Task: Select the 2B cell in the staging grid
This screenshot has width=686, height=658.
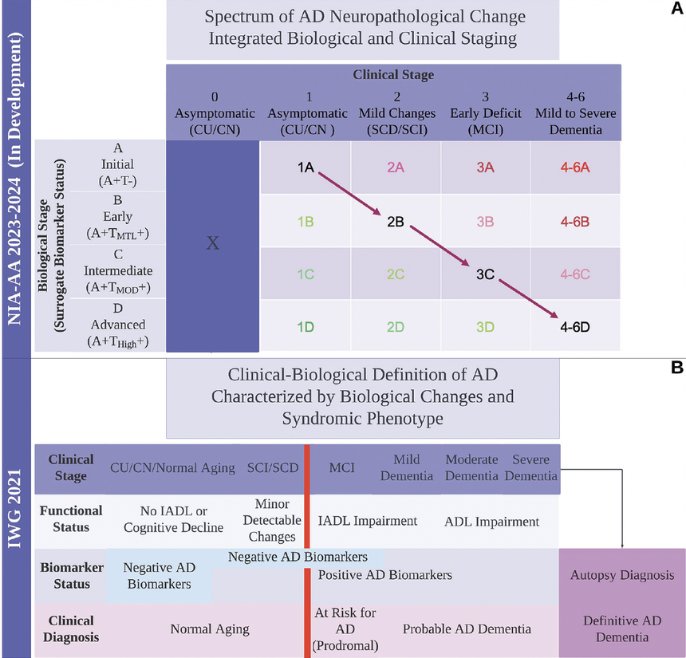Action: (395, 221)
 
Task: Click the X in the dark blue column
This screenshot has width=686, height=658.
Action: (212, 243)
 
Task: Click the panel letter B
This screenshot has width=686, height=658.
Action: (676, 368)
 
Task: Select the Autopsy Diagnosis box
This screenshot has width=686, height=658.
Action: (622, 575)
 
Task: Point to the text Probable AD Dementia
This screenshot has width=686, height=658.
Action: (467, 628)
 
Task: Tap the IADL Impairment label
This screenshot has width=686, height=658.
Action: (368, 521)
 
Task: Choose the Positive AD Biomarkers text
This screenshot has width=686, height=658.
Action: (385, 574)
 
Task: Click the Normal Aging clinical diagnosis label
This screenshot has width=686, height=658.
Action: (210, 628)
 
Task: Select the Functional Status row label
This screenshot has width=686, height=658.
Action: (71, 518)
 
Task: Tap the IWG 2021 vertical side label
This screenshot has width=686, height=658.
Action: (14, 510)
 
